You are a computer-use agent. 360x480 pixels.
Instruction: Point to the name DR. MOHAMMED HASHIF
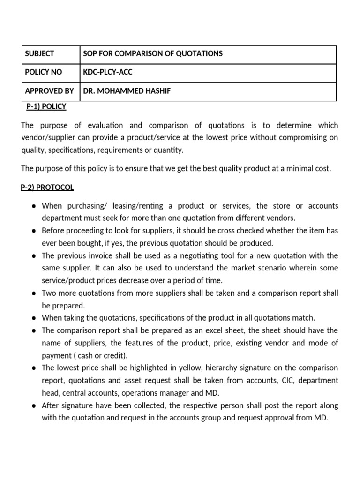coord(127,91)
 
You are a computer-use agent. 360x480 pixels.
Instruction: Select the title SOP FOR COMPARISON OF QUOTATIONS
coord(153,54)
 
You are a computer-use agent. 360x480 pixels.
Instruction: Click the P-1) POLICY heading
coord(46,106)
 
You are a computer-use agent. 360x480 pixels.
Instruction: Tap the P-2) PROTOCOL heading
coord(47,187)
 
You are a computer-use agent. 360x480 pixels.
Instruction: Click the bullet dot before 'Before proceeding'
coord(35,231)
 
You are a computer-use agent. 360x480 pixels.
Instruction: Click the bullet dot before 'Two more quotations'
coord(35,293)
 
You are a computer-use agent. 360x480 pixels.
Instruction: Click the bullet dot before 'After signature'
coord(35,405)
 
